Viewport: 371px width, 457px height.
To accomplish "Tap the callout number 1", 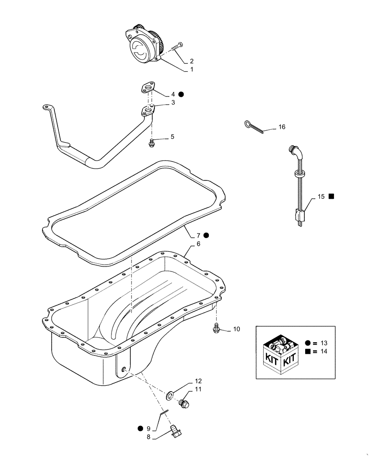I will click(x=191, y=70).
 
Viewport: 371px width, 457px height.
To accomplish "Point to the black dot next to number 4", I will click(x=181, y=94).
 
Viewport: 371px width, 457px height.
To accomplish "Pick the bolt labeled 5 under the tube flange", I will click(x=150, y=144).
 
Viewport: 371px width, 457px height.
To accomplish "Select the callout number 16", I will click(x=281, y=127).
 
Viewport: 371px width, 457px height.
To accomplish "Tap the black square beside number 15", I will click(x=332, y=196).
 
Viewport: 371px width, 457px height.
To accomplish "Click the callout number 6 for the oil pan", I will click(x=198, y=244).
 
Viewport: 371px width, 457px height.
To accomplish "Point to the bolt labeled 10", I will click(x=216, y=327).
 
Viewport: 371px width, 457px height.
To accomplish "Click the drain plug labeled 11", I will click(x=184, y=403).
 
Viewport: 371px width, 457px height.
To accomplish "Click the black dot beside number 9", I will click(x=140, y=429).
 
